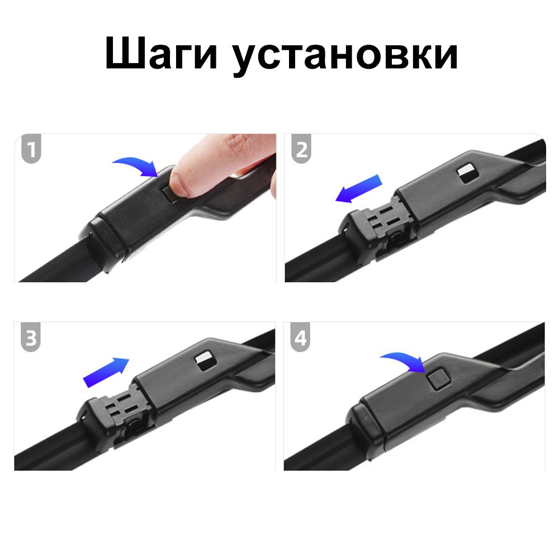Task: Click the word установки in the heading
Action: tap(345, 55)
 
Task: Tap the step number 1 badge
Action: tap(31, 149)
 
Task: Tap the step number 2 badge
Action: tap(302, 149)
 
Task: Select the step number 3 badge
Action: tap(31, 337)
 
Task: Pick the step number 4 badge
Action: tap(301, 337)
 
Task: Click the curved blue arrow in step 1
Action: tap(138, 166)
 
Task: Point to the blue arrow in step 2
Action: tap(359, 188)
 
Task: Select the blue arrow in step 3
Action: tap(106, 372)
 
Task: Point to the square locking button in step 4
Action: tap(439, 379)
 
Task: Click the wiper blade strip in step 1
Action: tap(54, 260)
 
